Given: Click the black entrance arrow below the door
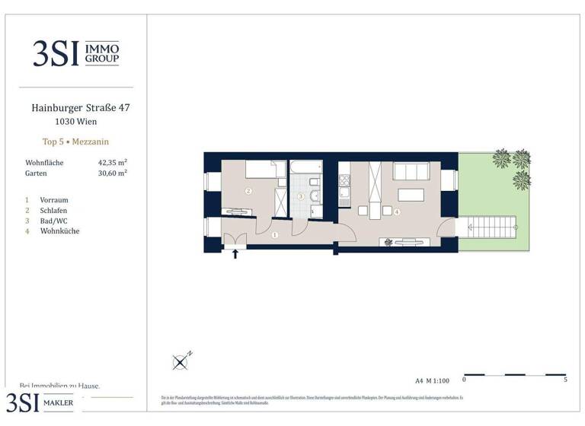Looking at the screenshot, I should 235,254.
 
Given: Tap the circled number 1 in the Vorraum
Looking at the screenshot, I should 274,236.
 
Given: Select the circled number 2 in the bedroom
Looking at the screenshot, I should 248,192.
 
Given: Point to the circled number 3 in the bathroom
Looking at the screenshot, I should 301,196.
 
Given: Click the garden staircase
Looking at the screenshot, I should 492,225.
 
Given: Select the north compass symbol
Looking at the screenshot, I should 181,362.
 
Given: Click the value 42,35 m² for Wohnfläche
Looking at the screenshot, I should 112,163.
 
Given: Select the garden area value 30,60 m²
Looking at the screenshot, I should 112,173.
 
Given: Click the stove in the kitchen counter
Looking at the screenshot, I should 344,182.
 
